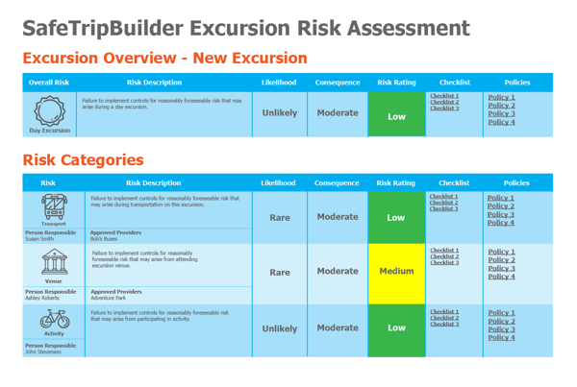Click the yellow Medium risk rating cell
[396, 272]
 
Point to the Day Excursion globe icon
[49, 109]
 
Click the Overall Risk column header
[49, 83]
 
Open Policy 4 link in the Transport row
[500, 224]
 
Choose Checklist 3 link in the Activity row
[444, 325]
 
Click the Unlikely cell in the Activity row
[279, 327]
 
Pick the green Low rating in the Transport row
[396, 217]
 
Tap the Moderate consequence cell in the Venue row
[338, 272]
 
